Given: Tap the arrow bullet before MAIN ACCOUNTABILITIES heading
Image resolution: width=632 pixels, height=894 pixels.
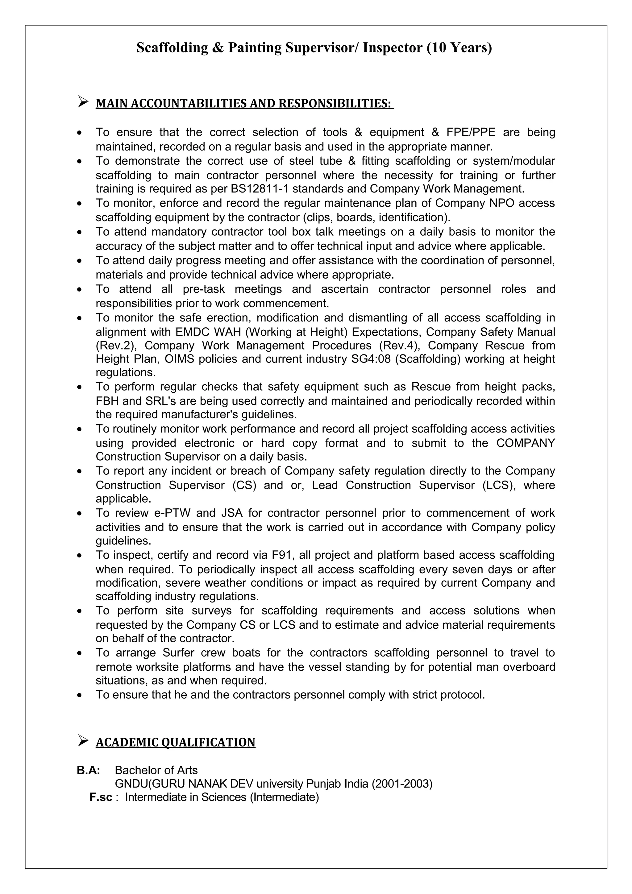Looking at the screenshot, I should tap(83, 102).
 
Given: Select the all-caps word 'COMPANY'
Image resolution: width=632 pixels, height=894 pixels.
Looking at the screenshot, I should tap(525, 443).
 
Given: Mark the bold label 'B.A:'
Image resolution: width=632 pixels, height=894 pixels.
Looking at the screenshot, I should tap(88, 770).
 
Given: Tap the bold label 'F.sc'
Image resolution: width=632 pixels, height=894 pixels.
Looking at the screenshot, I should tap(101, 797).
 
